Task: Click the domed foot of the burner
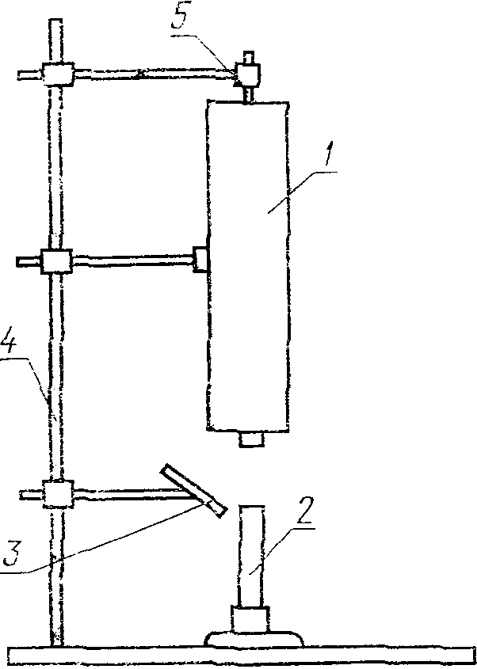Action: (254, 638)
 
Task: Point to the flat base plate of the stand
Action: (238, 656)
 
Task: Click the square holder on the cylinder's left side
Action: (200, 258)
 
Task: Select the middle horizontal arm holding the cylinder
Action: (132, 258)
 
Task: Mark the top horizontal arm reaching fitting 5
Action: (151, 74)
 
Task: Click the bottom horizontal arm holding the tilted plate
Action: (127, 493)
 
